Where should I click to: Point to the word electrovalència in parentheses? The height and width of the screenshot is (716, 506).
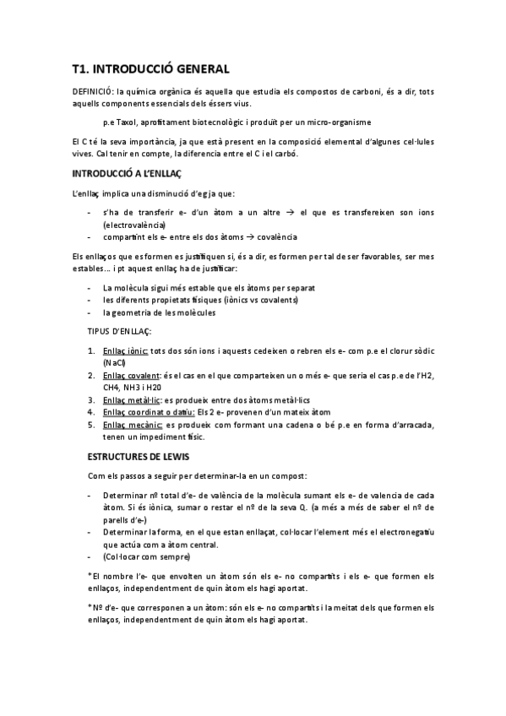coord(134,225)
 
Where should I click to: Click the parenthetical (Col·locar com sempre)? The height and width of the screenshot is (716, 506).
coord(146,556)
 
